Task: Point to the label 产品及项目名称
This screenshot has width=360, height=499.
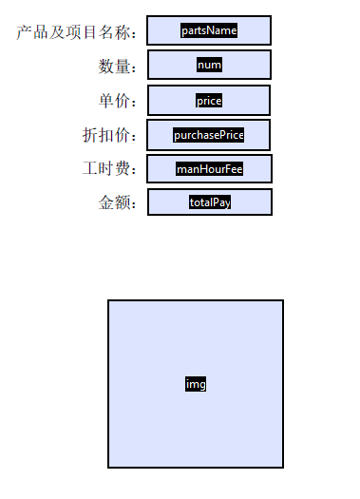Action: click(x=78, y=32)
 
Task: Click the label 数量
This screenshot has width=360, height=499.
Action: click(x=119, y=67)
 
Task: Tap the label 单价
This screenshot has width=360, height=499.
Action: click(x=119, y=101)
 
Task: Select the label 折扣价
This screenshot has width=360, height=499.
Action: click(x=110, y=135)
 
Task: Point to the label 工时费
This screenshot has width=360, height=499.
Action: click(x=110, y=169)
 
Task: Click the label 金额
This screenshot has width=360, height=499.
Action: click(x=119, y=203)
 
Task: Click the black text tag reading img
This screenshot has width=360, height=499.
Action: click(x=196, y=384)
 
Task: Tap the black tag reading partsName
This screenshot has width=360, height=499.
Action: click(x=209, y=30)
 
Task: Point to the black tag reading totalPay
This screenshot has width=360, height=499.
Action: click(x=210, y=202)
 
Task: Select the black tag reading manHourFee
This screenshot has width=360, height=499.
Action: click(x=209, y=169)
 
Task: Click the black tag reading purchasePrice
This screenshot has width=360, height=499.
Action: click(x=209, y=135)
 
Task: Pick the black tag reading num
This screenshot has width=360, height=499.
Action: click(x=209, y=65)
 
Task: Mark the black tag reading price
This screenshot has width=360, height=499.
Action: click(x=209, y=100)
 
